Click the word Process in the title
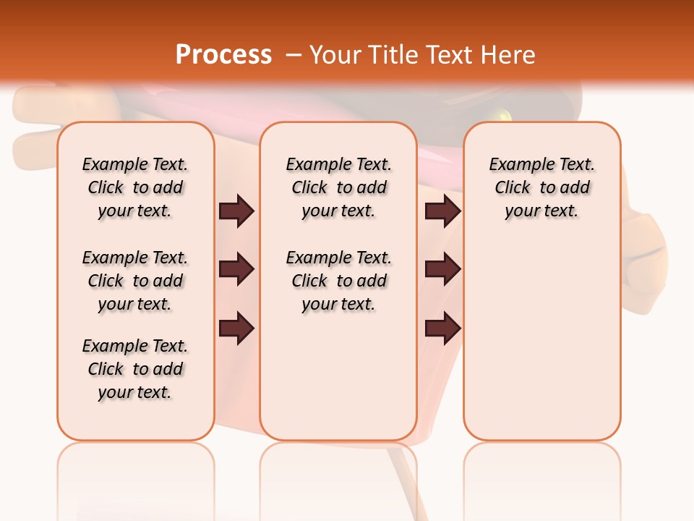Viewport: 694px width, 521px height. [223, 55]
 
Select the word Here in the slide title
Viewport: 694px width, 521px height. [509, 55]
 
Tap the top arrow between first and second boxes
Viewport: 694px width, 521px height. [236, 211]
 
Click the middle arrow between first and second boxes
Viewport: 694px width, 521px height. [236, 270]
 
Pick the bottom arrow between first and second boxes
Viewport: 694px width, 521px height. [236, 328]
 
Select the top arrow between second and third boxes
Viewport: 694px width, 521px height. [442, 211]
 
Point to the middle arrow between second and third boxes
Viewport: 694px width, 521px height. [442, 270]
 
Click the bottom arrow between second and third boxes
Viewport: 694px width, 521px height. [442, 328]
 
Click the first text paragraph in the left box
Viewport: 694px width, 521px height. [135, 187]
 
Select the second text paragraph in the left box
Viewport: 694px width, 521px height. [135, 281]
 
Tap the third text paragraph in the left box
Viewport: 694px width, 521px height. [135, 369]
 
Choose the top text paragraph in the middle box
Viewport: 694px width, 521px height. [338, 187]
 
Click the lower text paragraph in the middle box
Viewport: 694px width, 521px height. [338, 281]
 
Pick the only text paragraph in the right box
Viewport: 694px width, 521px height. [541, 187]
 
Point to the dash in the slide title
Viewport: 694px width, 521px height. [294, 55]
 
